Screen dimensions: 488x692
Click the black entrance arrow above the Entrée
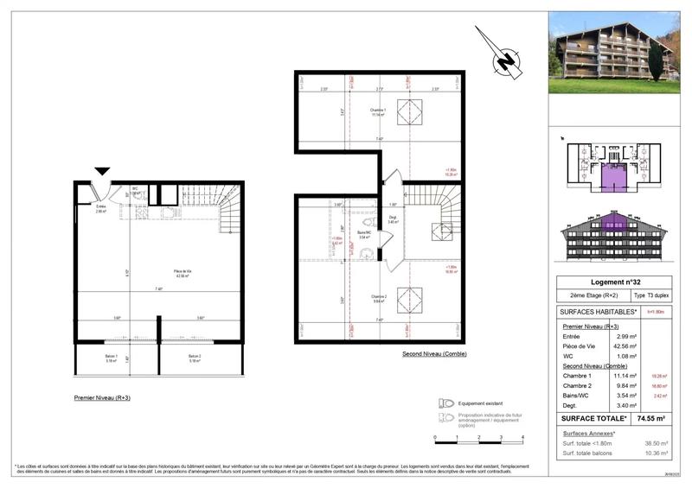(x=103, y=171)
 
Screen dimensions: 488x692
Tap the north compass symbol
(x=503, y=60)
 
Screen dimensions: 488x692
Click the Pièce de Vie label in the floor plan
(x=182, y=274)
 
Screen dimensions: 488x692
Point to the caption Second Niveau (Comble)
(x=432, y=354)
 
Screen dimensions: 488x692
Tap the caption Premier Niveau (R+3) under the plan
(x=104, y=398)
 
